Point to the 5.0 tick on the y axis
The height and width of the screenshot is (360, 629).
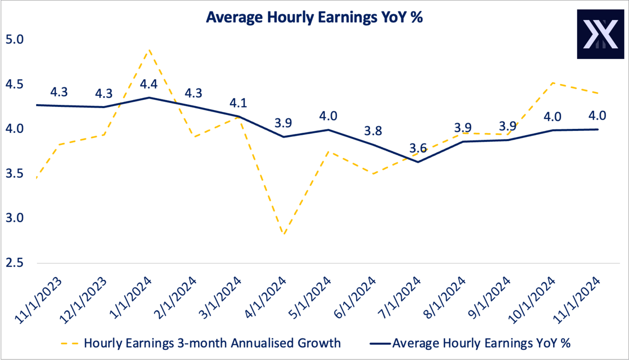(14, 39)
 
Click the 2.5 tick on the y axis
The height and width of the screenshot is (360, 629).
(14, 263)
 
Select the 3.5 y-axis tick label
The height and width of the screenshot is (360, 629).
(14, 174)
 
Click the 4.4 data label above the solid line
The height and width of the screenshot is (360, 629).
(149, 84)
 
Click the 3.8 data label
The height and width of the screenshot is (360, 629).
(373, 131)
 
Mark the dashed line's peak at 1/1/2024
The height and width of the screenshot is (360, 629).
(149, 49)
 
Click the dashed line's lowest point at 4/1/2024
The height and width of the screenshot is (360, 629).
(283, 234)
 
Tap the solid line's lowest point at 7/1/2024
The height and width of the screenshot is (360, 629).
(418, 162)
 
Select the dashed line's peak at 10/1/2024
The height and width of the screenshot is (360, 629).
(552, 83)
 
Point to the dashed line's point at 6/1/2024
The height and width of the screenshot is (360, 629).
(373, 174)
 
